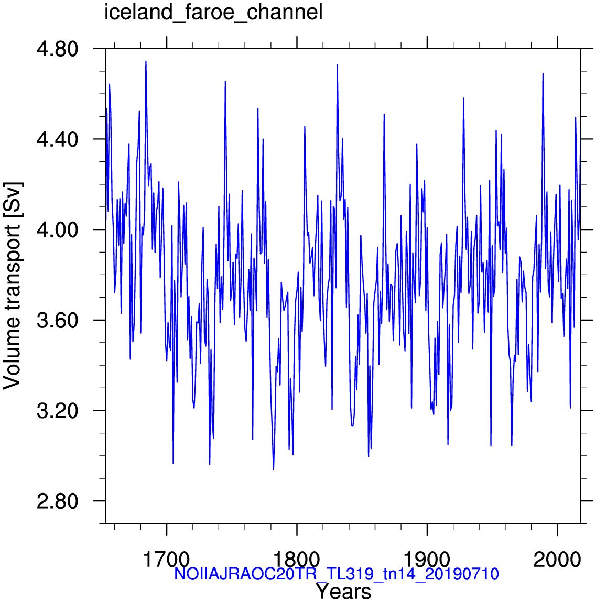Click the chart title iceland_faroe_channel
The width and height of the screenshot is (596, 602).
[213, 12]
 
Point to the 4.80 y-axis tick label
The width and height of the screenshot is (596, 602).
[57, 49]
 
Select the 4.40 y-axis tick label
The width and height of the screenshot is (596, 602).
[57, 139]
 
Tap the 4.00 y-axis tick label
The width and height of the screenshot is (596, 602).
[57, 230]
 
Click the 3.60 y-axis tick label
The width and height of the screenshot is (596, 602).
[57, 320]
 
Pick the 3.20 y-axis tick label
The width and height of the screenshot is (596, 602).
[57, 411]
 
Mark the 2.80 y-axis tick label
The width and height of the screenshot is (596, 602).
[57, 501]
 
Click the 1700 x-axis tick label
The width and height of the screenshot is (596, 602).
[167, 560]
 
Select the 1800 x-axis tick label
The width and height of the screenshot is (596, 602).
[297, 560]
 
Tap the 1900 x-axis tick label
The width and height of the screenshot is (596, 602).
[427, 560]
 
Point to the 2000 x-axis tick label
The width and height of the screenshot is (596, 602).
[557, 560]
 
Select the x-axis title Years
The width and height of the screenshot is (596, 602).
[343, 591]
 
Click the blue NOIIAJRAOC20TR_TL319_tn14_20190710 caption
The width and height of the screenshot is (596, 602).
[337, 574]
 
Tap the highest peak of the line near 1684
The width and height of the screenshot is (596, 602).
[146, 61]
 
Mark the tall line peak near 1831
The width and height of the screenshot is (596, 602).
[337, 65]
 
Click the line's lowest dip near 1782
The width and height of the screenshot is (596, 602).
[274, 469]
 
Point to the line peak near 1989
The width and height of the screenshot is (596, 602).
[543, 73]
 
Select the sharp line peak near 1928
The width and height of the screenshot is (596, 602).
[463, 98]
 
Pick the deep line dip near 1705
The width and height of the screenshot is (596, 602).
[173, 463]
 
